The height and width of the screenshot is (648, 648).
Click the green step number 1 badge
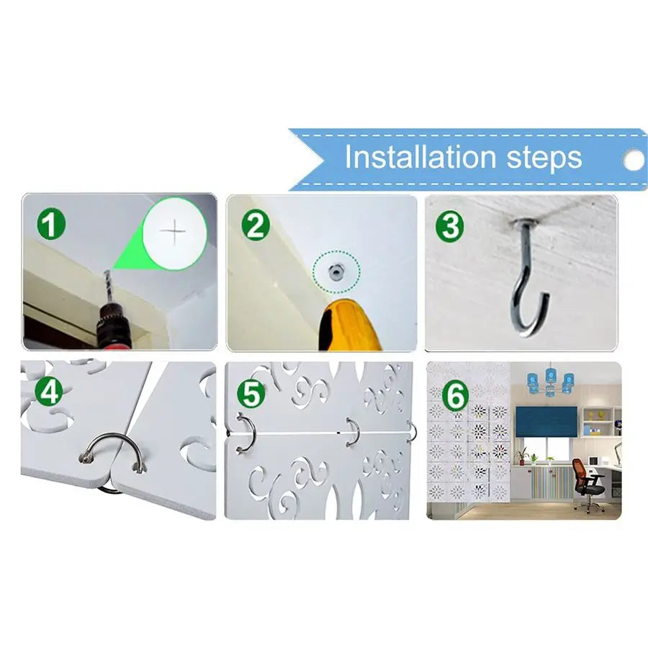click(x=51, y=225)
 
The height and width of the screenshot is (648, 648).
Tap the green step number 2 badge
click(x=256, y=225)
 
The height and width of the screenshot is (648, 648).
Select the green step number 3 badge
click(x=449, y=225)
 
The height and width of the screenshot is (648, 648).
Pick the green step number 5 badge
click(x=251, y=395)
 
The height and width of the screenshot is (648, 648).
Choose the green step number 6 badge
click(x=456, y=395)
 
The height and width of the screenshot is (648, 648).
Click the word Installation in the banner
click(x=420, y=157)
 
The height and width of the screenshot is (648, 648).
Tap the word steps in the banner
click(x=544, y=158)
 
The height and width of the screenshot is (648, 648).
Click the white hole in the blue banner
click(x=634, y=160)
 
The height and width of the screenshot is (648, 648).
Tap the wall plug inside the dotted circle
click(x=335, y=271)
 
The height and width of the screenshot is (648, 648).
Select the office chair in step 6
click(x=589, y=482)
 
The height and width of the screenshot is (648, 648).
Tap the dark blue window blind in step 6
click(x=546, y=422)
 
